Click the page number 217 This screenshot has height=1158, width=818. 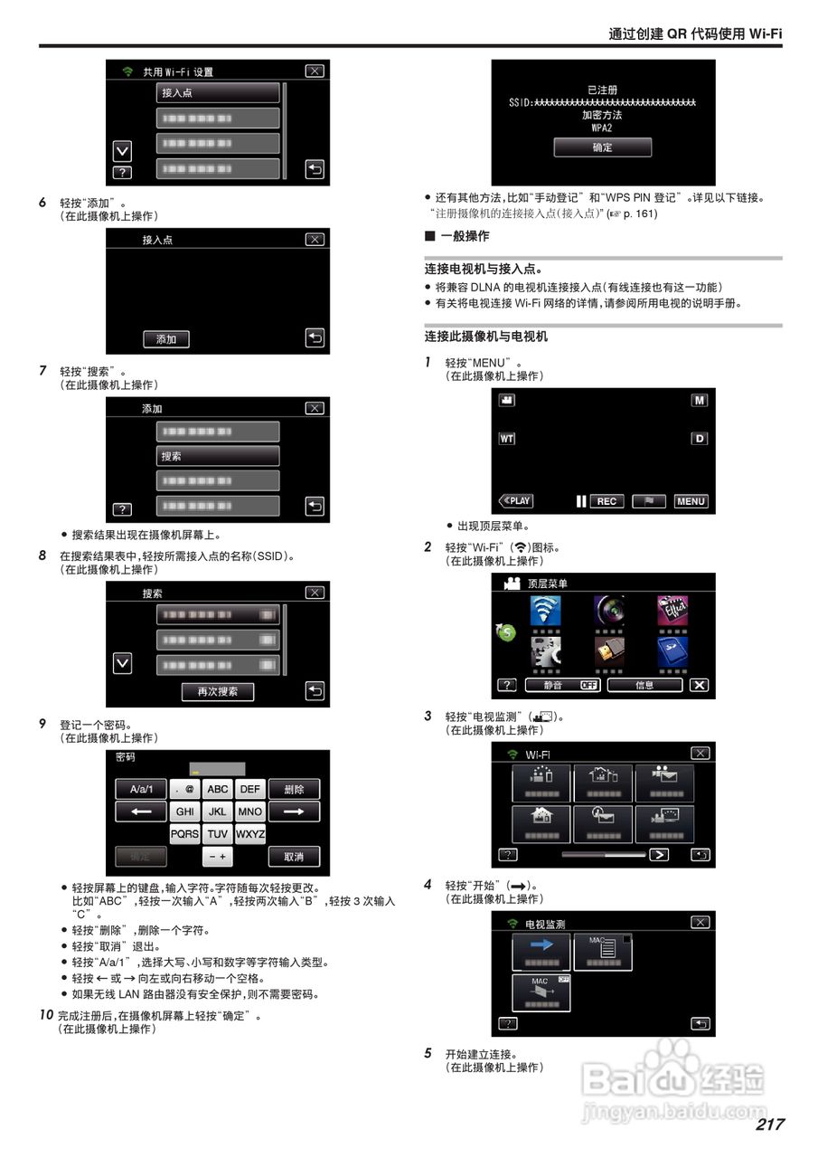(x=769, y=1124)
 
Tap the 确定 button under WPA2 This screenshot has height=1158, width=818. (x=602, y=147)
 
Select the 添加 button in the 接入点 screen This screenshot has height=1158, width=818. (x=166, y=338)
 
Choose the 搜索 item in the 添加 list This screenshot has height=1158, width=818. (x=218, y=456)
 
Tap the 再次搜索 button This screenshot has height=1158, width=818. (x=217, y=691)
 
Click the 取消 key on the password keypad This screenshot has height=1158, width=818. (x=293, y=856)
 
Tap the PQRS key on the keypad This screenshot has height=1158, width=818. (x=184, y=834)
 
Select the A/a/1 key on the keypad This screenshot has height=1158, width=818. (x=140, y=789)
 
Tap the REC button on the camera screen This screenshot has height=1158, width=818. (x=606, y=501)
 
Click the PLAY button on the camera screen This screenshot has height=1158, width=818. (x=516, y=501)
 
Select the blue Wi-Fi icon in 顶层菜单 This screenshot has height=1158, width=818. (x=544, y=612)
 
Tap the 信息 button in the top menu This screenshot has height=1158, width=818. (x=644, y=685)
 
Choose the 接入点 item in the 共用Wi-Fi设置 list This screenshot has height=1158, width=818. (x=218, y=93)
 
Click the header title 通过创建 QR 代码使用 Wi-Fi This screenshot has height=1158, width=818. (x=694, y=33)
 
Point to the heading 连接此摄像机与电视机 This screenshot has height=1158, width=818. (x=486, y=337)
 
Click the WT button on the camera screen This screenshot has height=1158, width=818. (x=507, y=439)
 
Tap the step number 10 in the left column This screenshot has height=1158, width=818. (x=46, y=1014)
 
